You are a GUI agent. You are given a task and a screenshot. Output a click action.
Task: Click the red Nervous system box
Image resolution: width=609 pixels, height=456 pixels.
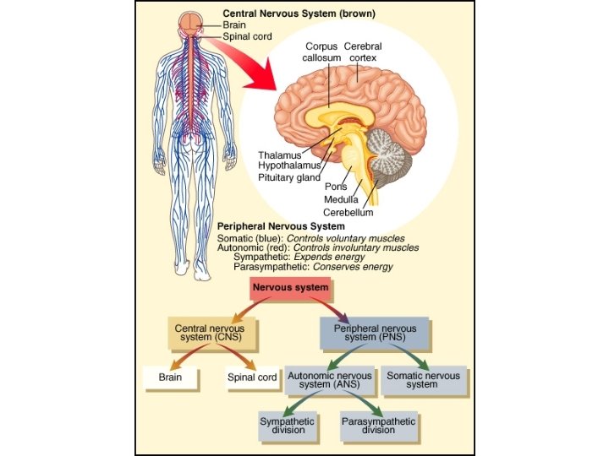coord(290,288)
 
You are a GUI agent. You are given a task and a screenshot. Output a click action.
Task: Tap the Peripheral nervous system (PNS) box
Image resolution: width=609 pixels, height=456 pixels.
coord(374,333)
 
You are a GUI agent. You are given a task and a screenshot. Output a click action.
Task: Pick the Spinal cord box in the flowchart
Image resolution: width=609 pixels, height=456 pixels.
coord(252,377)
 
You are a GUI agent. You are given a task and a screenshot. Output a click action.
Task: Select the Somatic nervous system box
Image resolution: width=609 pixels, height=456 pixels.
coord(422,380)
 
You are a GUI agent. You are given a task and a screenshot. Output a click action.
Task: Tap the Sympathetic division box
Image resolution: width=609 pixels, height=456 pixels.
coord(288,425)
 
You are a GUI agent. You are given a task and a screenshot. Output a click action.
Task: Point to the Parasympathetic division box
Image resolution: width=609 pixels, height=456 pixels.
coord(378,425)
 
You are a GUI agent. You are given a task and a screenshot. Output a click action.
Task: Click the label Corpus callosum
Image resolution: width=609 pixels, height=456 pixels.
coord(321,52)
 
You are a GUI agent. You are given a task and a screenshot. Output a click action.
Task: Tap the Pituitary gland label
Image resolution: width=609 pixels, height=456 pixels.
coord(289,178)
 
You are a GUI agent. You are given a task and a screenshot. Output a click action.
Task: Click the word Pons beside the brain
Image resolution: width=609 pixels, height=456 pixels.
coord(336,187)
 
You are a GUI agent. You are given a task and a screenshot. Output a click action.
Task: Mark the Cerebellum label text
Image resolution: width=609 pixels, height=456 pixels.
coord(348,212)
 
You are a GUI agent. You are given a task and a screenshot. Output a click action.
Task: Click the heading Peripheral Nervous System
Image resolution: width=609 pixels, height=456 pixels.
coord(281,226)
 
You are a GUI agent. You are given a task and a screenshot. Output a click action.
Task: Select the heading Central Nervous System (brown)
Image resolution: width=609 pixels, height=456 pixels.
coord(299,14)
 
